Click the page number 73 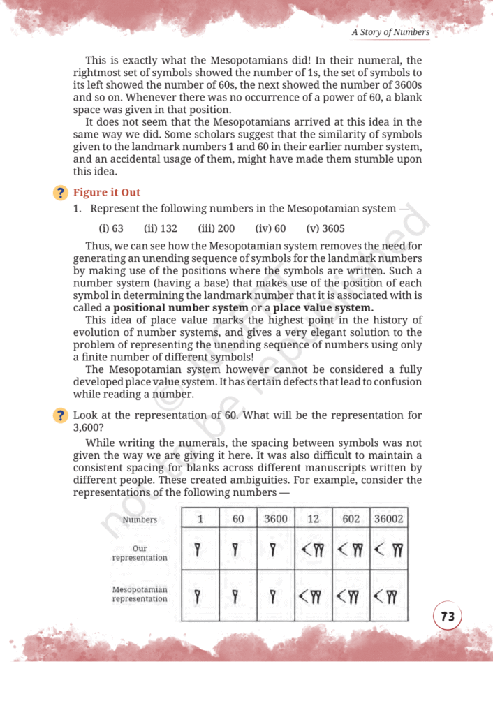click(x=448, y=617)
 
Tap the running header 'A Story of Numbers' click(x=390, y=32)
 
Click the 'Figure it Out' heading click(x=107, y=192)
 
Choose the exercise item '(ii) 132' click(x=161, y=228)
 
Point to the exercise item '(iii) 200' click(x=216, y=228)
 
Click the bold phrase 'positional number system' click(x=181, y=308)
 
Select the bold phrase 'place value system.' click(x=323, y=308)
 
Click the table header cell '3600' click(x=277, y=519)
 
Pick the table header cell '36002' click(x=388, y=519)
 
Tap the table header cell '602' click(x=351, y=519)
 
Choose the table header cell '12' click(x=314, y=519)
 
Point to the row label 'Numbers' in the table click(x=140, y=519)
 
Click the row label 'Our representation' click(x=140, y=553)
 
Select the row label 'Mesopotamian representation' click(x=140, y=594)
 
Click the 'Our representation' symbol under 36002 click(x=388, y=552)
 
